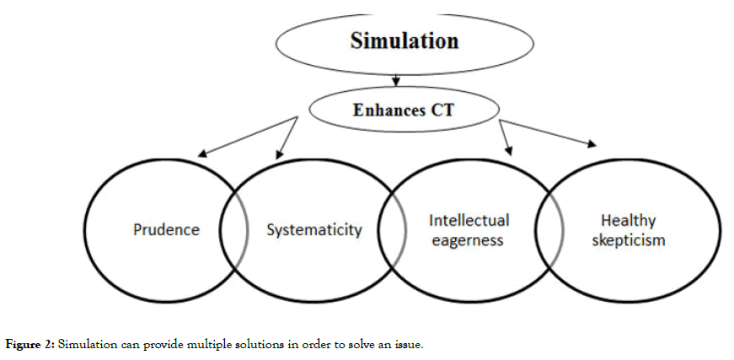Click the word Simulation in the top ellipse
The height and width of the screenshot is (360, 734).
(x=405, y=41)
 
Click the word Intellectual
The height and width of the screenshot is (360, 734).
(x=469, y=220)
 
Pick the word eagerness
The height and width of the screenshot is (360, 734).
(x=466, y=240)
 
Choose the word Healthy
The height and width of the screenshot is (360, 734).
(x=628, y=221)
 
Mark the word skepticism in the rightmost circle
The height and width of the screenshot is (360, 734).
(x=628, y=240)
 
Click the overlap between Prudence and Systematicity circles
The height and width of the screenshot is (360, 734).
(x=233, y=229)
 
